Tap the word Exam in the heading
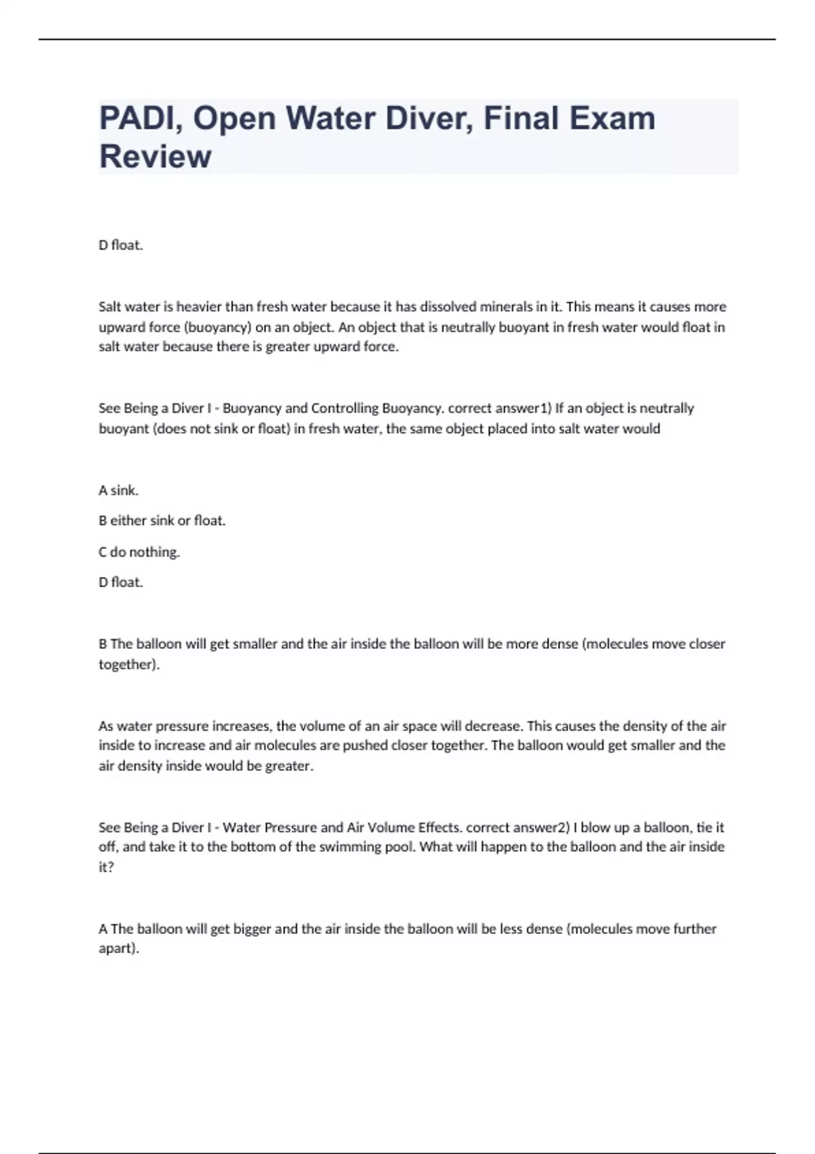613,118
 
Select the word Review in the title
156,156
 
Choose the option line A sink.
118,490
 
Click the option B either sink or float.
162,521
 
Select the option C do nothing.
139,552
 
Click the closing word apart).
119,948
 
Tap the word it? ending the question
106,867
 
